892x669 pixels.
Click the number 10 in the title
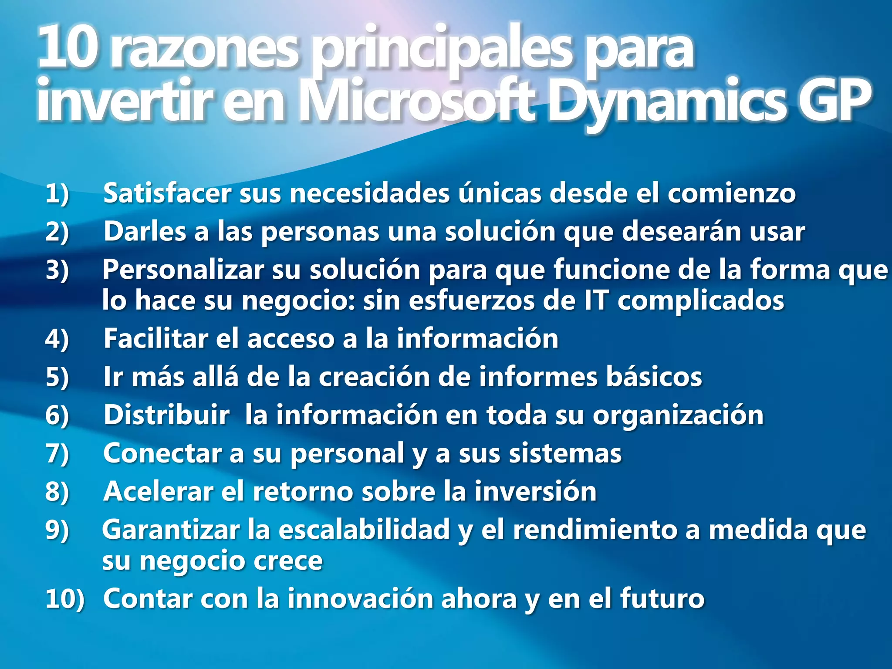(x=66, y=48)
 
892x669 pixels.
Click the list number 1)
(x=57, y=193)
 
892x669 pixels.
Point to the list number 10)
(x=64, y=598)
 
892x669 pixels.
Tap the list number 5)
(x=57, y=377)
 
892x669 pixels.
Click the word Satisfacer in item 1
(x=167, y=193)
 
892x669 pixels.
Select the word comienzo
(x=732, y=193)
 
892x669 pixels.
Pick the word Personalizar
(x=183, y=270)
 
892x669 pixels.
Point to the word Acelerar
(x=159, y=492)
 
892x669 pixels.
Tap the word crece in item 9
(x=288, y=561)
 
